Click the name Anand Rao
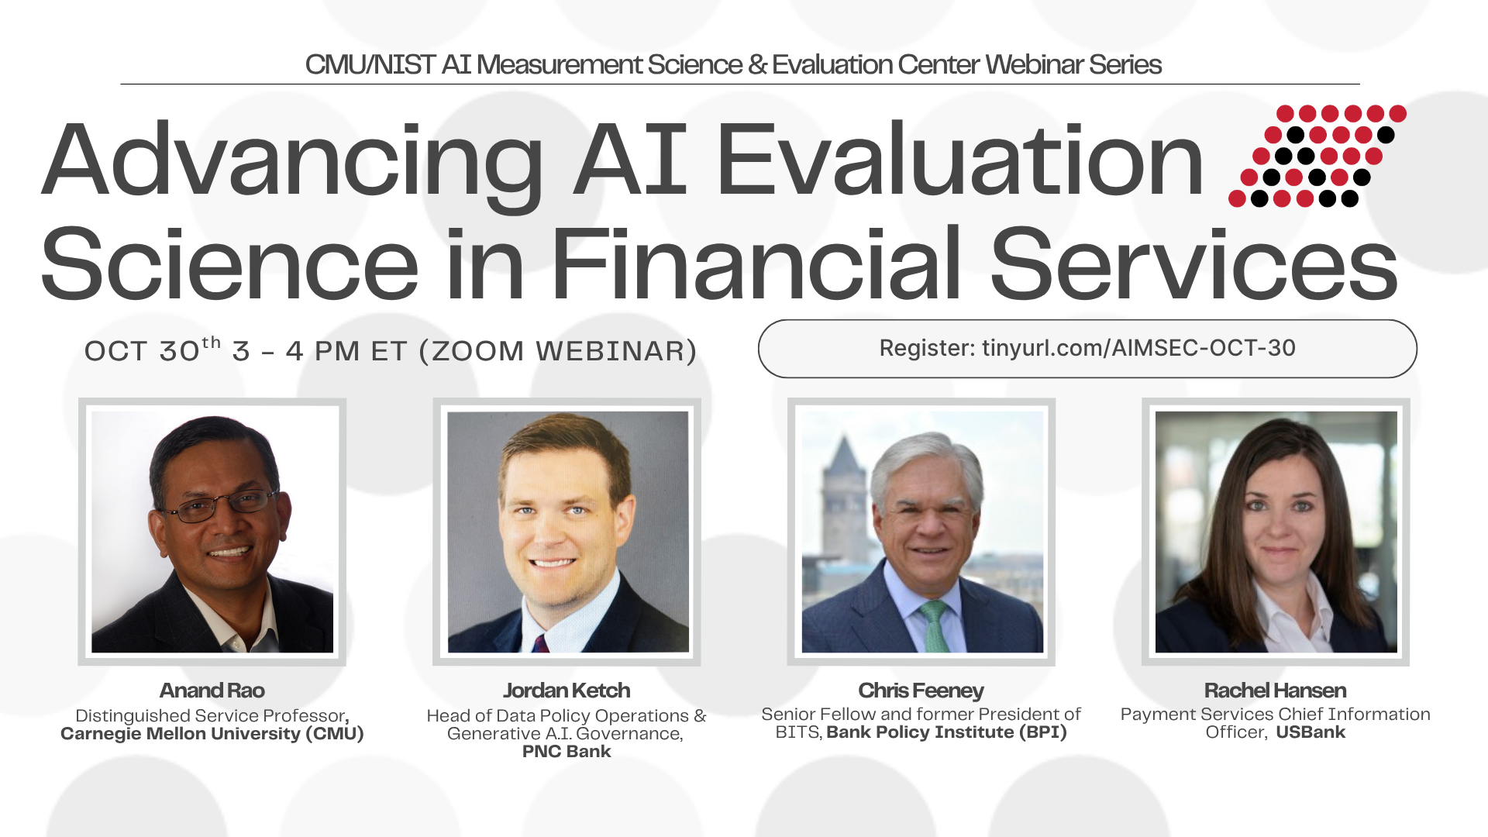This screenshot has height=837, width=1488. tap(212, 691)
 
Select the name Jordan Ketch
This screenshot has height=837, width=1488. tap(567, 691)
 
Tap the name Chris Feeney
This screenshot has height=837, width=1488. tap(921, 691)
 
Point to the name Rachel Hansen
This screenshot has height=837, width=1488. tap(1275, 691)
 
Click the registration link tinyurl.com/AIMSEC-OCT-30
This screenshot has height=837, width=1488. tap(1138, 348)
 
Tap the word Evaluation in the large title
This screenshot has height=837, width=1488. tap(959, 160)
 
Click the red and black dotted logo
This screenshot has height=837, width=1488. tap(1317, 157)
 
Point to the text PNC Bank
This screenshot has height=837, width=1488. tap(567, 751)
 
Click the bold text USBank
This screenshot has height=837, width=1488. tap(1311, 732)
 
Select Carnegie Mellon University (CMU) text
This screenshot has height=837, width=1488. tap(212, 734)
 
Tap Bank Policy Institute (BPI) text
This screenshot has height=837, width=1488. tap(947, 732)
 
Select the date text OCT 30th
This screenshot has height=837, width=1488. tap(153, 350)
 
